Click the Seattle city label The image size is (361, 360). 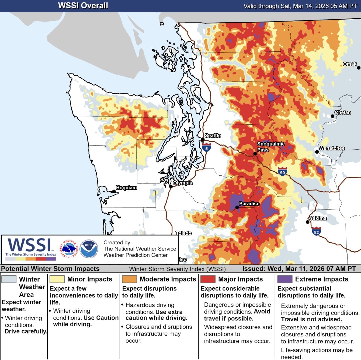213,135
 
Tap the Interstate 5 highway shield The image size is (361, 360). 206,148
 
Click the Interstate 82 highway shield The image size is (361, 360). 316,232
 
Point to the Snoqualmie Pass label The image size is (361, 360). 270,147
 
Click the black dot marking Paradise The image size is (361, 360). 237,207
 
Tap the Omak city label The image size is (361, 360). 350,64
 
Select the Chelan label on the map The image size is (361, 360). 342,112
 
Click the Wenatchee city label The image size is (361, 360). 332,148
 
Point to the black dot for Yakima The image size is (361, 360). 307,222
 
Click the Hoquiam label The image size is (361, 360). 126,188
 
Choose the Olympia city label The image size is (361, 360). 183,183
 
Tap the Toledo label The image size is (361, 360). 183,233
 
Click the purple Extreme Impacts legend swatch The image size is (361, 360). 285,279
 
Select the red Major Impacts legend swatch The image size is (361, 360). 208,279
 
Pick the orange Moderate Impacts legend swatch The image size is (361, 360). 129,279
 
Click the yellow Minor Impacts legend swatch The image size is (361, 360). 57,279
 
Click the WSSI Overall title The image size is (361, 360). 83,6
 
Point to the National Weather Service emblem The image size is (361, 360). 69,248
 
